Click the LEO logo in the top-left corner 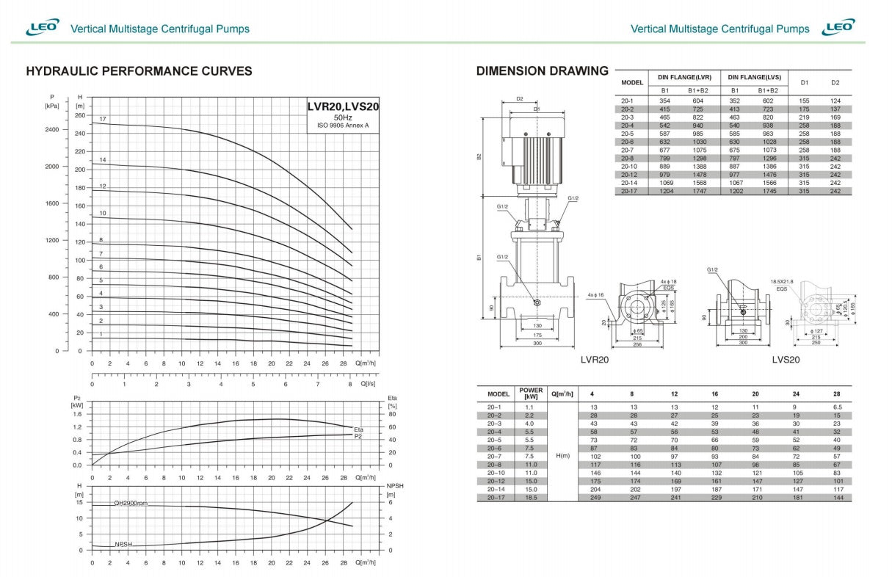(x=43, y=28)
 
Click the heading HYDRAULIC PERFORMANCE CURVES (x=139, y=71)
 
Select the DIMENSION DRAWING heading (x=542, y=71)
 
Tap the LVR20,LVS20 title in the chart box (x=343, y=106)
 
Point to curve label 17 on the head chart (x=103, y=119)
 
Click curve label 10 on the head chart (x=103, y=213)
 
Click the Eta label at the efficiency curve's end (x=358, y=429)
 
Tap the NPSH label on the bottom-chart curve (x=123, y=544)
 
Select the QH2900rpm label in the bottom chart (x=131, y=504)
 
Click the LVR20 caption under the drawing (x=594, y=360)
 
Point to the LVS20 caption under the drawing (x=786, y=360)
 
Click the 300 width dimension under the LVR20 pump (x=537, y=342)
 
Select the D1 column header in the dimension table (x=804, y=82)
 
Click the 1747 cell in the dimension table (x=697, y=191)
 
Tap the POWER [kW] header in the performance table (x=531, y=393)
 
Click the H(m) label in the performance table (x=563, y=455)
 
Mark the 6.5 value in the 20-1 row (x=836, y=406)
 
